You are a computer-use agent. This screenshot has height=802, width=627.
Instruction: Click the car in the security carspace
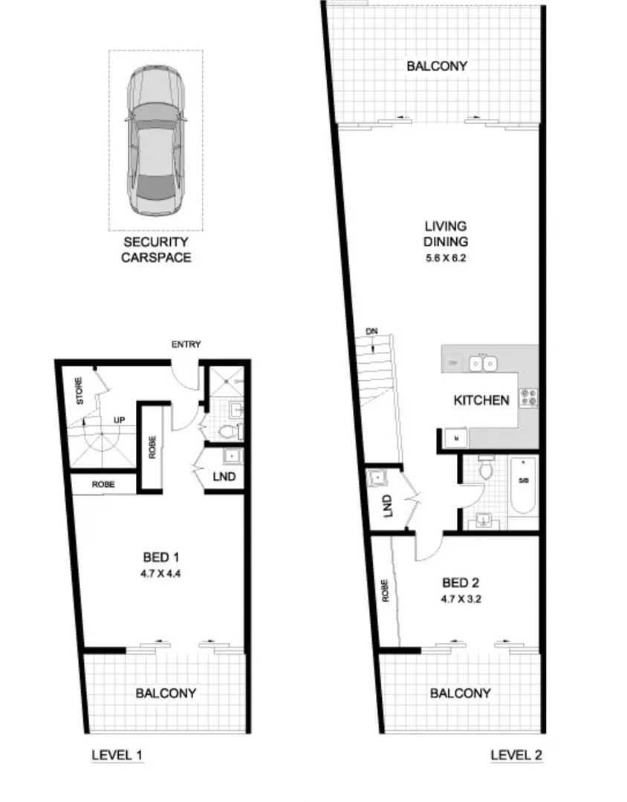[155, 140]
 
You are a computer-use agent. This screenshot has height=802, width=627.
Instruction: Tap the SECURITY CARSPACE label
[156, 250]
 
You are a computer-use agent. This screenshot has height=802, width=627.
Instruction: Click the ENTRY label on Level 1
[186, 345]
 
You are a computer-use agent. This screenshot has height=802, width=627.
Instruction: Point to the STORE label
[80, 391]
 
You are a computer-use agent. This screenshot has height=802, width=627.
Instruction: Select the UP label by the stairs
[118, 420]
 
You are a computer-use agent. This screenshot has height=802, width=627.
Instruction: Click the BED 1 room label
[161, 557]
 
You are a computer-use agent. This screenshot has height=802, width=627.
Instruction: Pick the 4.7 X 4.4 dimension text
[161, 573]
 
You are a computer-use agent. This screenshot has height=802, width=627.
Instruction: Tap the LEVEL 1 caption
[117, 755]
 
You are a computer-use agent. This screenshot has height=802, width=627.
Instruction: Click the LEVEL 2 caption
[516, 755]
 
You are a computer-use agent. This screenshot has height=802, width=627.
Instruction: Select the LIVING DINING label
[446, 233]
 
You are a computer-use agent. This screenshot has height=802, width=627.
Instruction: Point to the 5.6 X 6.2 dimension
[446, 259]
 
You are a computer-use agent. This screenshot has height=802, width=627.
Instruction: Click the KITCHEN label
[481, 400]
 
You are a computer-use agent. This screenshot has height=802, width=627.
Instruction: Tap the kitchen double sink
[483, 363]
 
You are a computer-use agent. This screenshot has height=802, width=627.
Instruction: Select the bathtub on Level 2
[523, 486]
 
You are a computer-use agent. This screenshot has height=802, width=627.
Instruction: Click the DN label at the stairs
[371, 331]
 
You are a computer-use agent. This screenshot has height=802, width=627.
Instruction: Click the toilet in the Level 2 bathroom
[487, 469]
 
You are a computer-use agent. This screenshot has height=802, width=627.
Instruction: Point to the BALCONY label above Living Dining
[437, 66]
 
